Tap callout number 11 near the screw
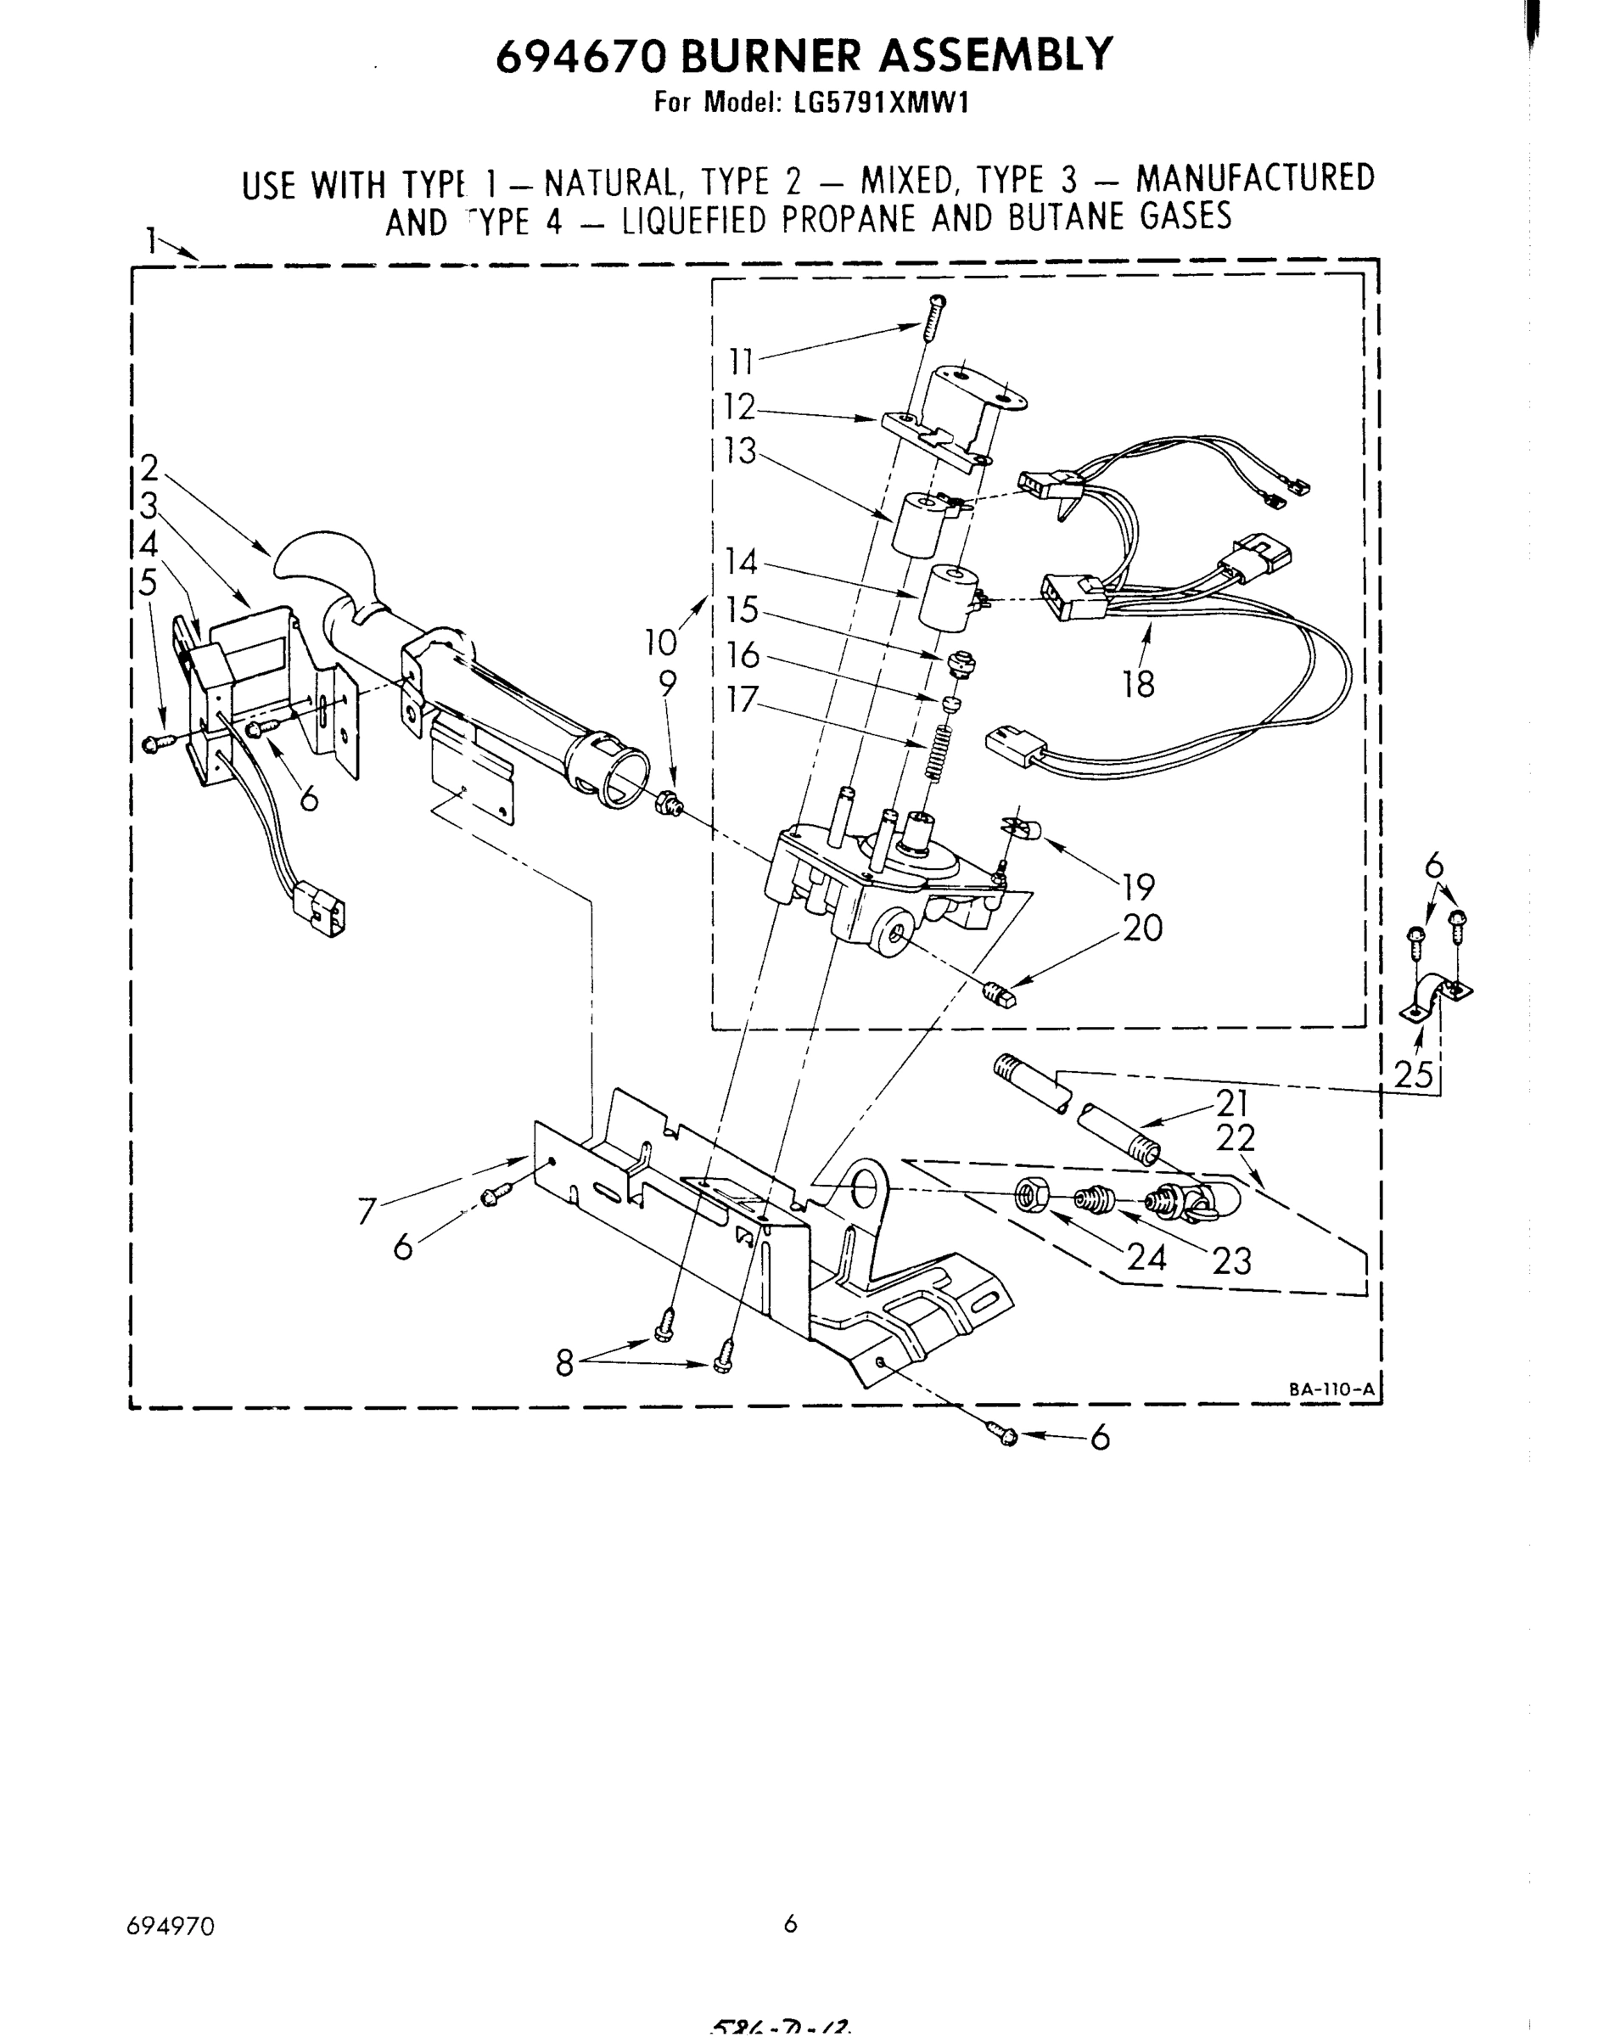(742, 362)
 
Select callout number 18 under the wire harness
(1139, 684)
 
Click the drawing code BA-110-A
(1330, 1389)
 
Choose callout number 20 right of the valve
(1141, 929)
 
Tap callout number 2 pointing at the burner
(149, 468)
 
